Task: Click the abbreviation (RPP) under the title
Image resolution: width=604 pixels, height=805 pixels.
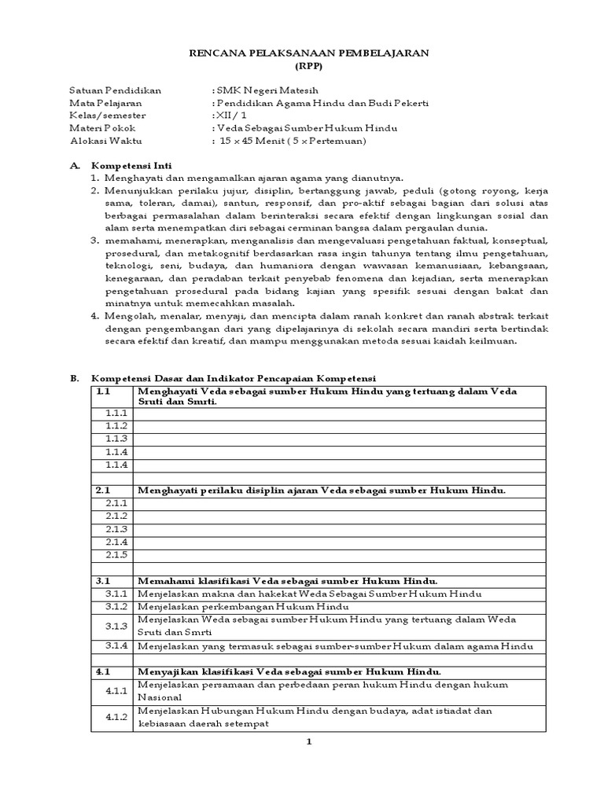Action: [x=308, y=66]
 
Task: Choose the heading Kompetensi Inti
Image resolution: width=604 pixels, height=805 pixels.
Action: [x=131, y=166]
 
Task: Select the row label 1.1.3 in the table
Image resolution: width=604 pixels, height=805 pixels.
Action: [x=116, y=439]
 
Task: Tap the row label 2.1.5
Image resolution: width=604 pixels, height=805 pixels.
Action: [x=116, y=556]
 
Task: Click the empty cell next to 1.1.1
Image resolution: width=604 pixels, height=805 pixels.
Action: [x=340, y=413]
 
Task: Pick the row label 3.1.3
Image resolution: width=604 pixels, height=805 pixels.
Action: [x=116, y=627]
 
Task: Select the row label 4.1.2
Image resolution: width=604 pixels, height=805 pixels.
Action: [x=116, y=717]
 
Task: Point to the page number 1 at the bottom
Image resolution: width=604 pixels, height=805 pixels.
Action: [x=309, y=742]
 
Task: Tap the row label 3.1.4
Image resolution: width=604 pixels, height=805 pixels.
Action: [x=116, y=646]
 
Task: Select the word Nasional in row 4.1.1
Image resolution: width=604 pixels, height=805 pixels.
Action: [x=160, y=697]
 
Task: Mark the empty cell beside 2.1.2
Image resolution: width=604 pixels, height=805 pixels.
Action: [x=340, y=516]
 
